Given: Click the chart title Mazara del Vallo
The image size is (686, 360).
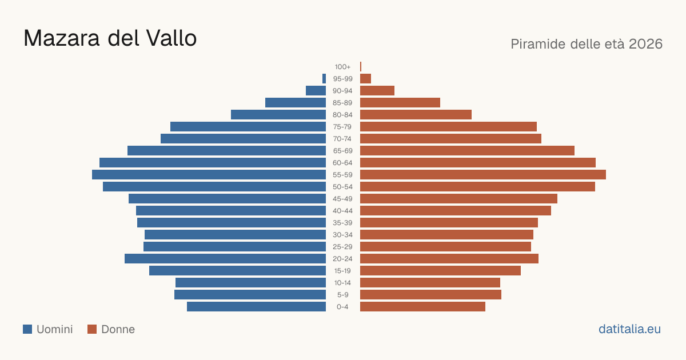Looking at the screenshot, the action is tap(110, 38).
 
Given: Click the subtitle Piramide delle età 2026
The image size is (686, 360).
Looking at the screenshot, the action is tap(587, 44).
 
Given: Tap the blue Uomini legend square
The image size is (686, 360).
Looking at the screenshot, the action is tap(27, 329).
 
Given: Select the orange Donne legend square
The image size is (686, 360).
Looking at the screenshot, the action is tap(92, 329).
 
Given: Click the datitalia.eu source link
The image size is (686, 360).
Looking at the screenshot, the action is tap(629, 329).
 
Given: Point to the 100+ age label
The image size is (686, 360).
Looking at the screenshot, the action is tap(342, 67).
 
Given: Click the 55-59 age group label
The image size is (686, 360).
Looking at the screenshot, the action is tap(342, 175).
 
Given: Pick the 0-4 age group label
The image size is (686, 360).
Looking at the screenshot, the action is tap(342, 307).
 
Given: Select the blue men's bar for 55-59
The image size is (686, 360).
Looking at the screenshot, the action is tap(209, 174).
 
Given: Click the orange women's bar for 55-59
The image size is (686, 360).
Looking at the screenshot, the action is tap(483, 174).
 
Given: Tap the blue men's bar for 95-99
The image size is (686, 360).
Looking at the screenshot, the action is tap(324, 79).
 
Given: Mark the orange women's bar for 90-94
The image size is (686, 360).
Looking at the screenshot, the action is tap(377, 91).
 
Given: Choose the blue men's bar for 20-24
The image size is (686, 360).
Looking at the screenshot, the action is tap(225, 259).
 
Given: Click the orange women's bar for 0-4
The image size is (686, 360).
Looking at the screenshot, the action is tap(422, 307).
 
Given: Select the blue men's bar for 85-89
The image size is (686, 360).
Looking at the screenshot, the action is tap(296, 102).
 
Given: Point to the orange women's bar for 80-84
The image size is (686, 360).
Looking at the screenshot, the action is tap(416, 114).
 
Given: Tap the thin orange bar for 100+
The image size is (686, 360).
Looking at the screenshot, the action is tap(361, 66).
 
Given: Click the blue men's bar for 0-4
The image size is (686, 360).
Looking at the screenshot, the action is tap(256, 307).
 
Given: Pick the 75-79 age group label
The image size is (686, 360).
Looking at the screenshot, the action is tap(342, 127).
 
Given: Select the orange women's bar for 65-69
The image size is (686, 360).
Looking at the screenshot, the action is tap(468, 151).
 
